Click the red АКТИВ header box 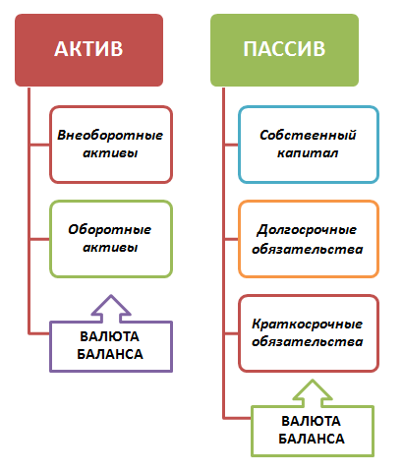pos(88,50)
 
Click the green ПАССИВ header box pos(284,50)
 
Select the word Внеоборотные pos(110,135)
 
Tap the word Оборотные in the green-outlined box pos(110,229)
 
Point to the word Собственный pos(308,135)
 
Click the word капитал pos(308,153)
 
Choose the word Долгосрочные pos(307,230)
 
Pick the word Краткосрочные pos(308,325)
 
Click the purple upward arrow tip pos(111,295)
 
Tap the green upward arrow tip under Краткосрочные pos(313,381)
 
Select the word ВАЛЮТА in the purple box pos(110,336)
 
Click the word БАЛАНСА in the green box pos(312,439)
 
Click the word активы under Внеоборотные pos(110,153)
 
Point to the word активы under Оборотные pos(110,248)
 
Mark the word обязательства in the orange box pos(308,249)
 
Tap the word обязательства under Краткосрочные pos(308,342)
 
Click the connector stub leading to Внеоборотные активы pos(39,145)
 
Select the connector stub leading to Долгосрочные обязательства pos(231,239)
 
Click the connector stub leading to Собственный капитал pos(231,145)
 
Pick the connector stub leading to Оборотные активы pos(39,239)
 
